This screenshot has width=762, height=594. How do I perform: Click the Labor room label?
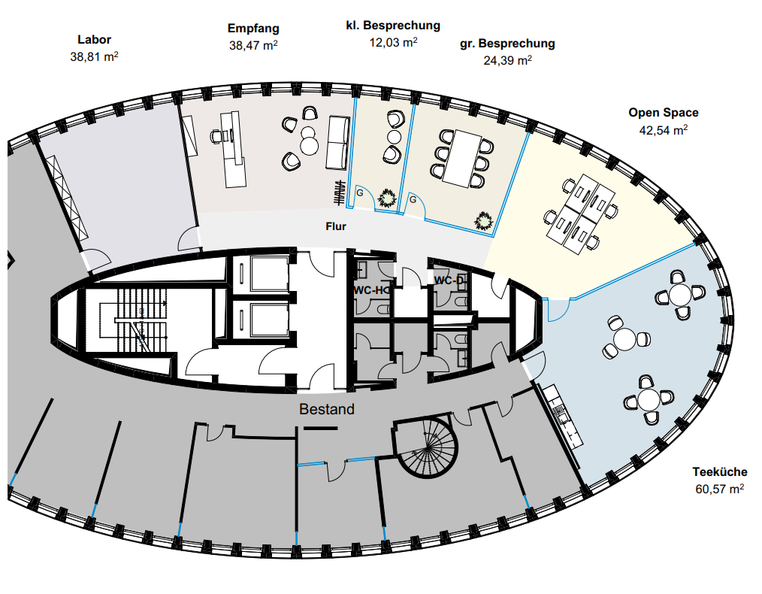(94, 39)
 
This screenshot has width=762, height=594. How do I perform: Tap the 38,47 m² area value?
(253, 45)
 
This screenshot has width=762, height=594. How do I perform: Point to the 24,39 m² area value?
(507, 60)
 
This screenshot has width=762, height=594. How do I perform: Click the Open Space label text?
(664, 113)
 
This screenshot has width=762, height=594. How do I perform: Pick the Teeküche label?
(720, 472)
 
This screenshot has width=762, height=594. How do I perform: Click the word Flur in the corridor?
(336, 226)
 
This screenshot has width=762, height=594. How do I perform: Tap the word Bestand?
(327, 410)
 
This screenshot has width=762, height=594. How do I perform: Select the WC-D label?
(450, 280)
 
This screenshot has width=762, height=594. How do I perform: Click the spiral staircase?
(427, 449)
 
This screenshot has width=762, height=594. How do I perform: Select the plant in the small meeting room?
(388, 199)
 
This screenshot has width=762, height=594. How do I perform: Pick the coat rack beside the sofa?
(339, 193)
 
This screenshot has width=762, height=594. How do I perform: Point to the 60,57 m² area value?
(720, 489)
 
